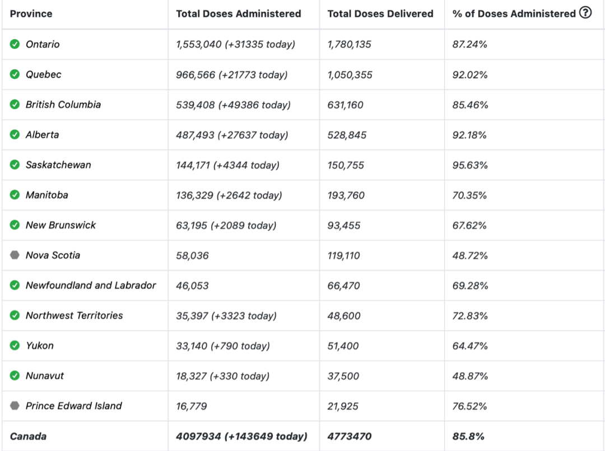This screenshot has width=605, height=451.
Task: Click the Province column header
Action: click(31, 14)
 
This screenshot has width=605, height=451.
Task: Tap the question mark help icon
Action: click(585, 13)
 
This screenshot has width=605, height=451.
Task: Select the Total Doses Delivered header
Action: click(380, 14)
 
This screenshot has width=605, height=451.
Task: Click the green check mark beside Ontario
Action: click(15, 44)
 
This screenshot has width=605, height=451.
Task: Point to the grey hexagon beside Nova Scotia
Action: click(15, 255)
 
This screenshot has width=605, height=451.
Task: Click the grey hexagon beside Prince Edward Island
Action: click(15, 406)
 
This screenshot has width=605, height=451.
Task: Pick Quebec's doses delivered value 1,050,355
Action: click(350, 75)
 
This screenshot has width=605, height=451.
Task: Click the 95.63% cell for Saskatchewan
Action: click(470, 165)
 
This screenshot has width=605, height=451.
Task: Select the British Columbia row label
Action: click(63, 105)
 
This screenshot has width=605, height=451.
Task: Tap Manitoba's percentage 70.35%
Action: click(469, 195)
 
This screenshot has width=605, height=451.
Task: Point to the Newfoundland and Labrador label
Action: click(91, 285)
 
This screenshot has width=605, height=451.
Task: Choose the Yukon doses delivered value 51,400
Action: click(343, 346)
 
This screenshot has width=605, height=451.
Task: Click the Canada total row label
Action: click(28, 436)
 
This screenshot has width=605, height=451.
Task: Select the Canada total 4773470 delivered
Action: click(350, 436)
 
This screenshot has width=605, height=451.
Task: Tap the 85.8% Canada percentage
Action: click(468, 436)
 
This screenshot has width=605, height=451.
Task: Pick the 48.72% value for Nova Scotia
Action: click(470, 255)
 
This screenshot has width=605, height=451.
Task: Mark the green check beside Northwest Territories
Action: click(15, 315)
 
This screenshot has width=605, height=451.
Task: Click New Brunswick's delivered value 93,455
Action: click(344, 225)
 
